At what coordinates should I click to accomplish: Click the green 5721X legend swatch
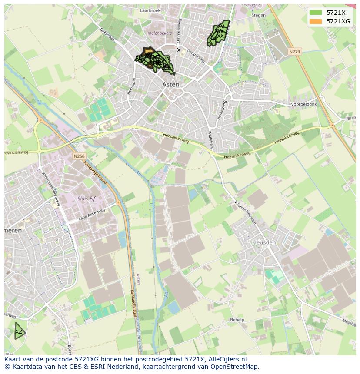tap(316, 12)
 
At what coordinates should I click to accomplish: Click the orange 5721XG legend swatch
tap(316, 21)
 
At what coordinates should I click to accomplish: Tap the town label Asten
tap(170, 85)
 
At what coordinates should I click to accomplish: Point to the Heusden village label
tap(264, 242)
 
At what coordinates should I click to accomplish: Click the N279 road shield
tap(294, 52)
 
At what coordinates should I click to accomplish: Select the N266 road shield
tap(79, 156)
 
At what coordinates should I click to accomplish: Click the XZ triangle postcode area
tap(19, 332)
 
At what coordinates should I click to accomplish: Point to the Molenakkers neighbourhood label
tap(160, 33)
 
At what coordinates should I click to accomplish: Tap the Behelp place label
tap(237, 320)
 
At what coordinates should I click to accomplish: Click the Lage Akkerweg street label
tap(92, 215)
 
